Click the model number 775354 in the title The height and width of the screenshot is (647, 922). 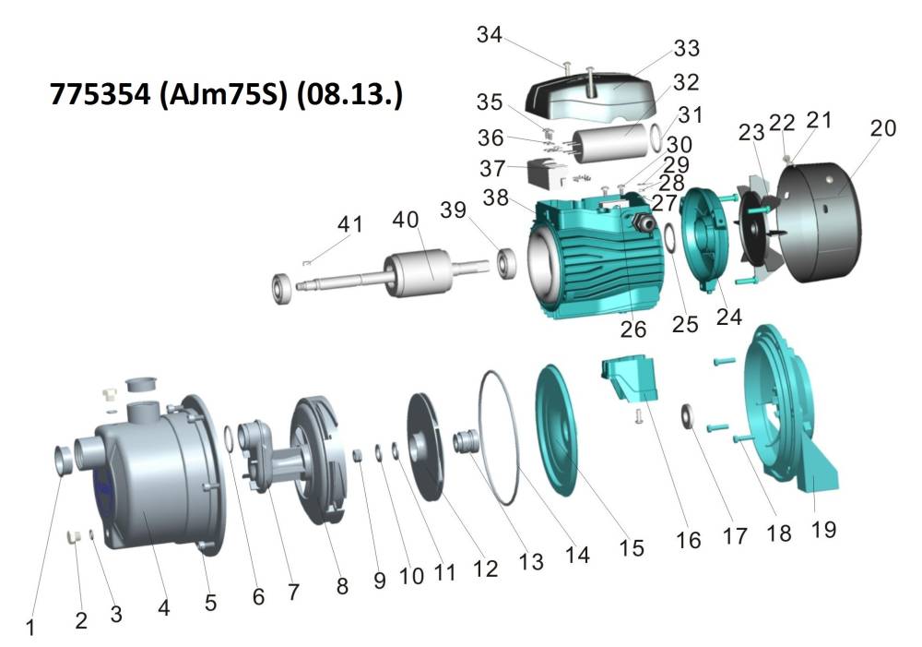[100, 94]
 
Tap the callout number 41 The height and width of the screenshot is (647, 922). [349, 224]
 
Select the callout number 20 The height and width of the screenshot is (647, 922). [882, 128]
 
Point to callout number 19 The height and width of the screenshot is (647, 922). [823, 529]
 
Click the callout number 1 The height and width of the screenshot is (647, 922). [30, 628]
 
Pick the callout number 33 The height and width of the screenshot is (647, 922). [686, 48]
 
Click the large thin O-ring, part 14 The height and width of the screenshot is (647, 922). [499, 437]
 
